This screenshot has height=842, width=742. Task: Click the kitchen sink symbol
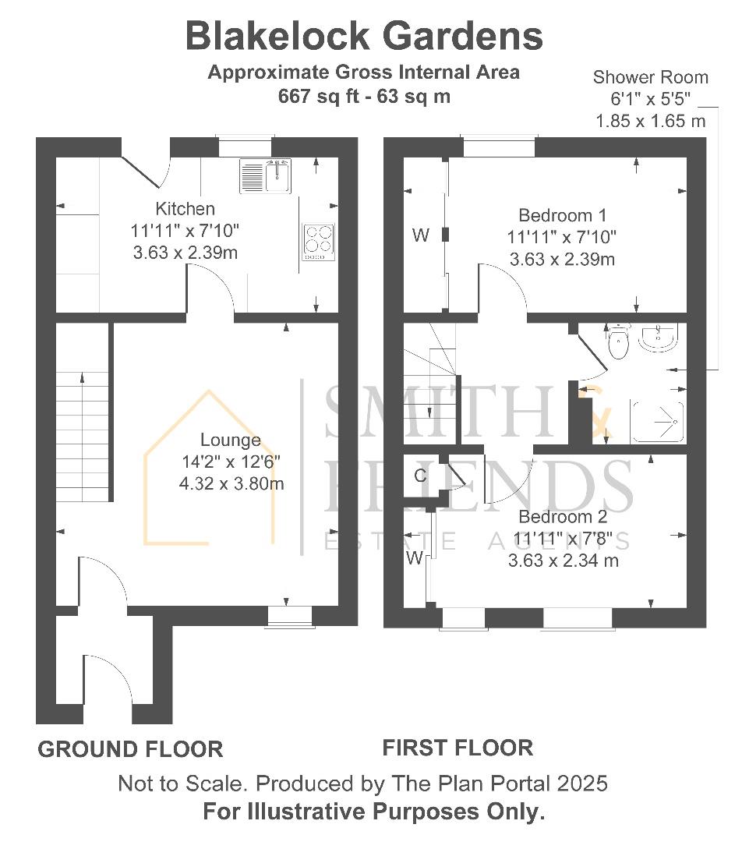pos(265,175)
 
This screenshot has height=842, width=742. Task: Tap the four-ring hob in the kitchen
pos(318,242)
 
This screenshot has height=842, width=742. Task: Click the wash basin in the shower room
pos(659,337)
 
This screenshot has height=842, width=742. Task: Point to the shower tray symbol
pos(659,422)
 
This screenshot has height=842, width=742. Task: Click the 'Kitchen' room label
pos(185,208)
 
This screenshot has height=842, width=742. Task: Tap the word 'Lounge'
pos(231,440)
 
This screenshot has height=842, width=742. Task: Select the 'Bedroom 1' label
pos(562,215)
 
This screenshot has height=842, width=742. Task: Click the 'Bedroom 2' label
pos(563,517)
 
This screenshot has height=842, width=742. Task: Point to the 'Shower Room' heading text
pos(650,77)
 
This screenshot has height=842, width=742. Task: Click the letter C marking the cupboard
pos(420,476)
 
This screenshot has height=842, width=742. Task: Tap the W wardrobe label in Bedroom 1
pos(421,235)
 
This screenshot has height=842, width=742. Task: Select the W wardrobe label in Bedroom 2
pos(415,558)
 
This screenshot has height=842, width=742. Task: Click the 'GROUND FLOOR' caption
pos(130,749)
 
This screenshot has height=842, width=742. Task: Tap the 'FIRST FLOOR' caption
pos(458,748)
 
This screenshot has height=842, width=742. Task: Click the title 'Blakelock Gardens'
pos(364,36)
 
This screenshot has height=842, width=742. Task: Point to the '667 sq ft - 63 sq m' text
pos(364,97)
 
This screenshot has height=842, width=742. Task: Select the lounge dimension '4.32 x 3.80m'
pos(231,483)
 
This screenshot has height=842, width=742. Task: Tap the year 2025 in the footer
pos(582,784)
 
